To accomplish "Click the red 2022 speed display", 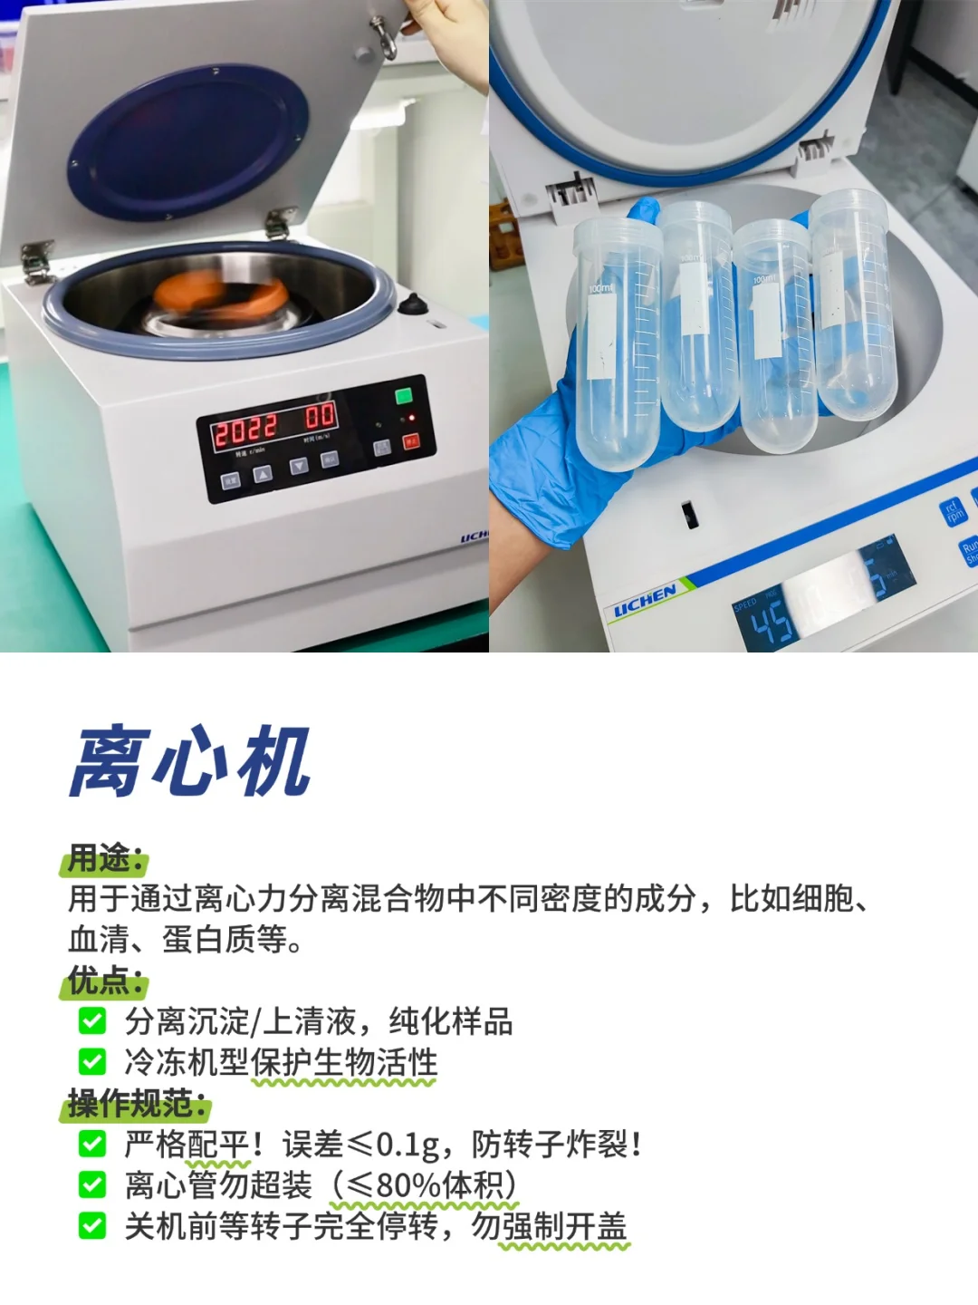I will pos(244,430).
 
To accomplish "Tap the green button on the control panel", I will pos(404,396).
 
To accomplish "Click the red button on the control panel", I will pos(411,441).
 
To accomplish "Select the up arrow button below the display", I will pos(263,473).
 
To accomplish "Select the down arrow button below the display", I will pos(299,466).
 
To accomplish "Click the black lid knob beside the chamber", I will pos(412,304).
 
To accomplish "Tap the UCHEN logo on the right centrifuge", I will pos(645,601).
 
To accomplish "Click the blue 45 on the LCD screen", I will pos(771,623).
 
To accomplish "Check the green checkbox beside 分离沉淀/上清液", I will pos(92,1021).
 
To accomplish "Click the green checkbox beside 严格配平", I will pos(92,1144).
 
